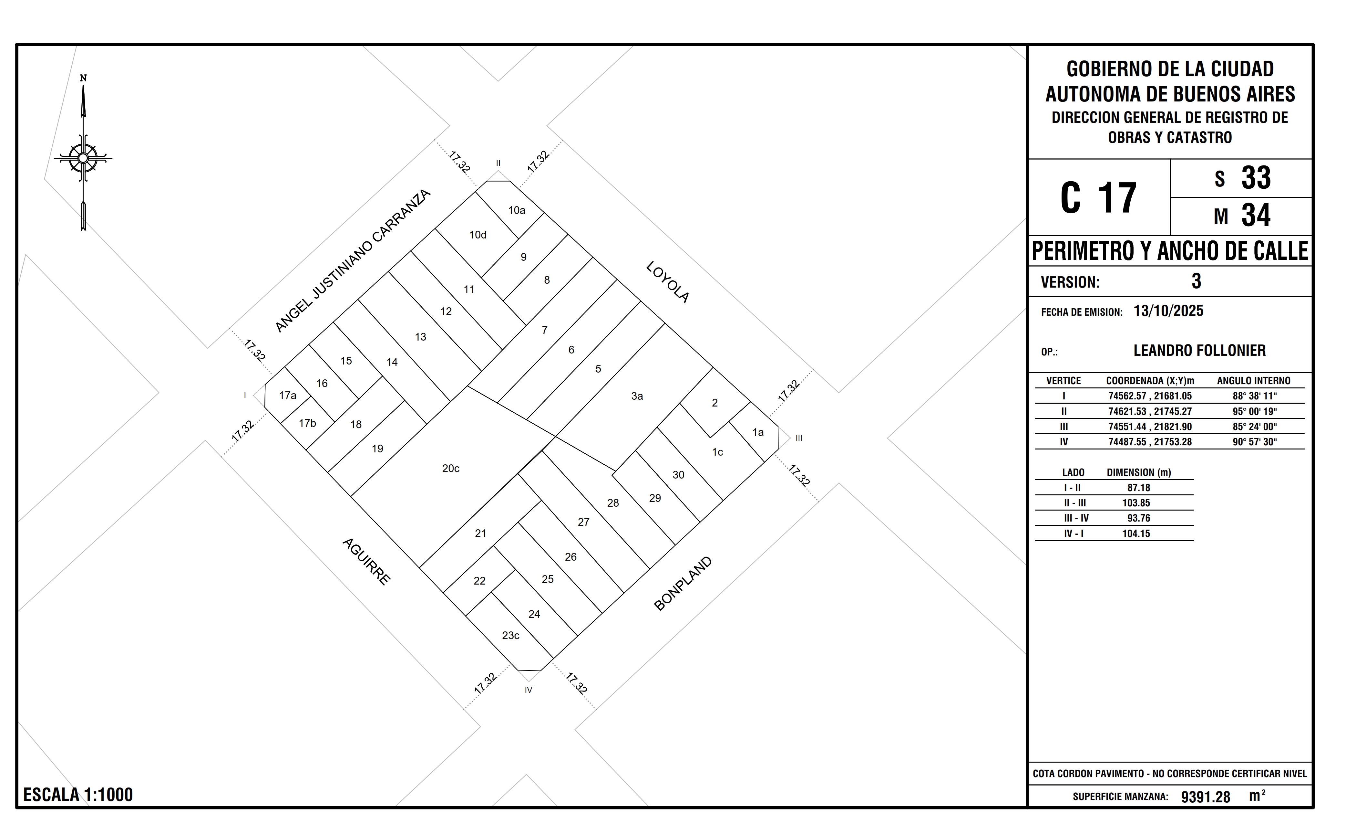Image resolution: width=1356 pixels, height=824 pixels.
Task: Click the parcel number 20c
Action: click(x=451, y=468)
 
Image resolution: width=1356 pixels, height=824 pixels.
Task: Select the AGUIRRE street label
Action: click(x=366, y=561)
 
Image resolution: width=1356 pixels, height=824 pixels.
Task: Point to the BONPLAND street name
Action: click(x=683, y=583)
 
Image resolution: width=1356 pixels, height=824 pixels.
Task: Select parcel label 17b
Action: click(x=308, y=423)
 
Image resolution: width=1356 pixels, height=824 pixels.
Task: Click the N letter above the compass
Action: click(x=83, y=78)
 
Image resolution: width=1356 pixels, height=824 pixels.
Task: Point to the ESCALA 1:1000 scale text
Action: click(x=78, y=795)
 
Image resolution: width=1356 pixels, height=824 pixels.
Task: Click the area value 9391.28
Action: click(x=1205, y=797)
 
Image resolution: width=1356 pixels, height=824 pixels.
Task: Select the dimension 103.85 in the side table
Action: click(x=1136, y=503)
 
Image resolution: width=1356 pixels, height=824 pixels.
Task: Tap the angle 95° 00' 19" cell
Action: click(x=1255, y=411)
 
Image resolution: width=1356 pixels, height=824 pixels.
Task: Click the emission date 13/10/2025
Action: click(x=1168, y=311)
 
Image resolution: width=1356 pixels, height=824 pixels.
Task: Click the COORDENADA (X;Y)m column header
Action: click(x=1150, y=381)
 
